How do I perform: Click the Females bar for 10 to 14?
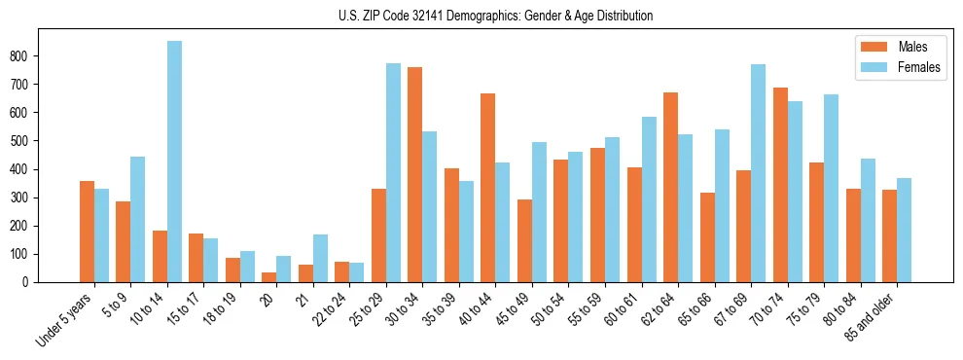click(x=174, y=162)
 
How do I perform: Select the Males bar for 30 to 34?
click(x=415, y=175)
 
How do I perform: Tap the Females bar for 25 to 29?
click(x=393, y=173)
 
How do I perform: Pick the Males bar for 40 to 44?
click(x=488, y=188)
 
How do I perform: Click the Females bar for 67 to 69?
click(x=758, y=173)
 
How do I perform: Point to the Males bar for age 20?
click(x=269, y=277)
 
